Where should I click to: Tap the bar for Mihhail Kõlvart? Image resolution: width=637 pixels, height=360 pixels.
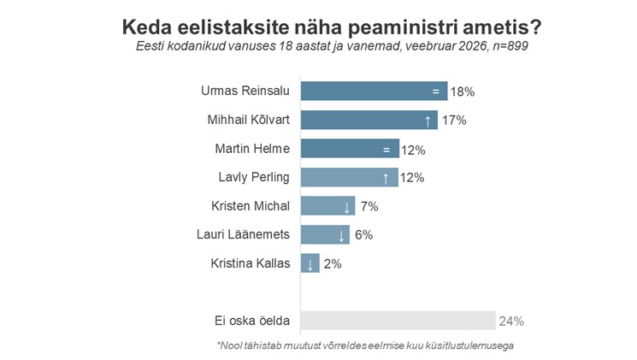[369, 120]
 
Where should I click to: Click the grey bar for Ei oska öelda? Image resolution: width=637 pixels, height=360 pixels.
[398, 321]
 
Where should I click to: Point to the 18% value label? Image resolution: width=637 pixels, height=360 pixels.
[463, 91]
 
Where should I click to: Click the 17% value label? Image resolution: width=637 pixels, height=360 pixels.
[454, 121]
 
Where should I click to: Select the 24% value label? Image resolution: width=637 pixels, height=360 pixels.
[511, 322]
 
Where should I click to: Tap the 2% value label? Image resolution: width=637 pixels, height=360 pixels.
[332, 264]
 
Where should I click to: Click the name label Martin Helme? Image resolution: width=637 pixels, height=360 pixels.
[252, 149]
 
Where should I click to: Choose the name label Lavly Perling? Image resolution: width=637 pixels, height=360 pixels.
[255, 178]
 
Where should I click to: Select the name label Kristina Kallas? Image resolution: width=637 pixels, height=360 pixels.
[251, 264]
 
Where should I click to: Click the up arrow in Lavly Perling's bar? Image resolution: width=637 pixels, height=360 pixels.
[386, 178]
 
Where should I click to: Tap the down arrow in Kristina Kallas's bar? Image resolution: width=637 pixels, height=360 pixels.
[310, 264]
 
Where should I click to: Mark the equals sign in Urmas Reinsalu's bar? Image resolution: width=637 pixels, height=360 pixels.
[435, 91]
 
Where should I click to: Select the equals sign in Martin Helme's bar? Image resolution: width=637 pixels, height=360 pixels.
[386, 149]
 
